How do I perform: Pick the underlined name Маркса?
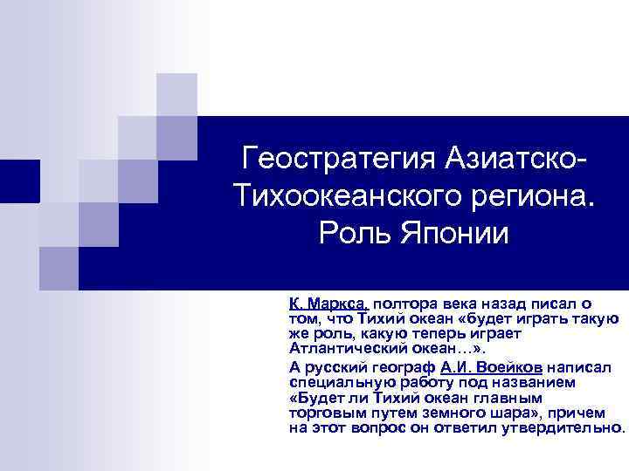click(x=338, y=304)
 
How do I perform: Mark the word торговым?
click(x=319, y=413)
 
